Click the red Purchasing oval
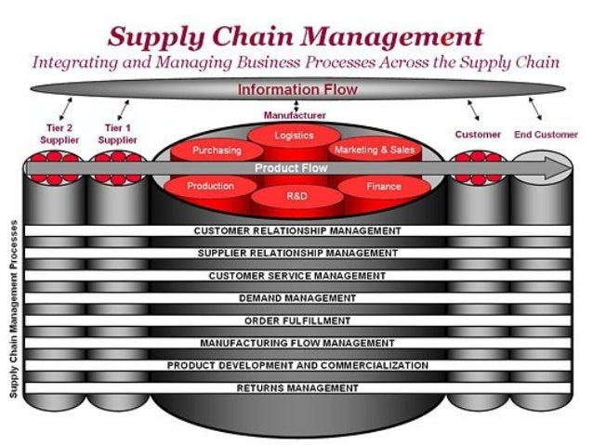click(x=217, y=150)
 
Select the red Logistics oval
click(x=294, y=136)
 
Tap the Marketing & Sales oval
click(x=374, y=150)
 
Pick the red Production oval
click(x=210, y=186)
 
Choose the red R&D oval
click(x=294, y=198)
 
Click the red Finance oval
click(x=383, y=186)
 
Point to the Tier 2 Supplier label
click(x=58, y=133)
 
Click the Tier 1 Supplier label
click(x=115, y=133)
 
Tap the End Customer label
click(x=546, y=134)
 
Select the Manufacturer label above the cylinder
click(x=295, y=114)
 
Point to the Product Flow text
click(x=294, y=168)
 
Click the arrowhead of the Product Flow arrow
click(x=555, y=169)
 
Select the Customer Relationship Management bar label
click(x=297, y=230)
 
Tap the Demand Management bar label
click(x=297, y=298)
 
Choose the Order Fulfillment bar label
click(x=297, y=321)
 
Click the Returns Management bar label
click(x=297, y=387)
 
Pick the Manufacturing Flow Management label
click(x=297, y=343)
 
